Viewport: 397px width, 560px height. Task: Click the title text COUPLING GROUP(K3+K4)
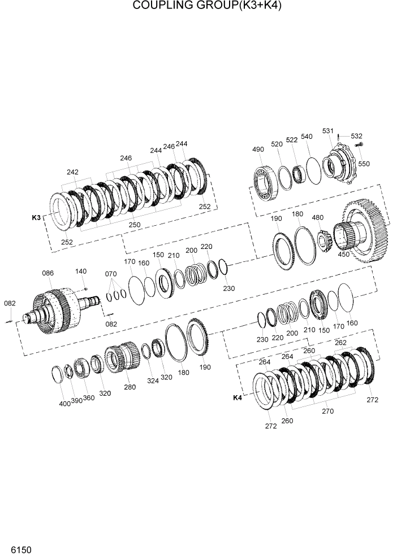pyautogui.click(x=199, y=6)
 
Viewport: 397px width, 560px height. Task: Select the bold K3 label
pyautogui.click(x=36, y=217)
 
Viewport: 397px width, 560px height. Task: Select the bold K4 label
pyautogui.click(x=238, y=398)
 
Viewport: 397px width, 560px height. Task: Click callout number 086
pyautogui.click(x=48, y=273)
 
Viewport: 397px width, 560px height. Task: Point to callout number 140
pyautogui.click(x=81, y=272)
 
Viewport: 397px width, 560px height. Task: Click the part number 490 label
pyautogui.click(x=258, y=150)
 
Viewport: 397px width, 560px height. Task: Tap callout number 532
pyautogui.click(x=356, y=136)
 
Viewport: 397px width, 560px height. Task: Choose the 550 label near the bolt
pyautogui.click(x=364, y=164)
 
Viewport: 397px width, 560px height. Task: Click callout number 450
pyautogui.click(x=343, y=253)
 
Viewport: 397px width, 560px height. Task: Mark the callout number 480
pyautogui.click(x=318, y=218)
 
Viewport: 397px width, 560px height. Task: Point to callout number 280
pyautogui.click(x=130, y=387)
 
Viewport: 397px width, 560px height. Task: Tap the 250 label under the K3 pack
pyautogui.click(x=135, y=225)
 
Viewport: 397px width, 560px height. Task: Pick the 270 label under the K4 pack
pyautogui.click(x=327, y=411)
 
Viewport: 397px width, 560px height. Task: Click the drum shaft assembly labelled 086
pyautogui.click(x=57, y=308)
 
